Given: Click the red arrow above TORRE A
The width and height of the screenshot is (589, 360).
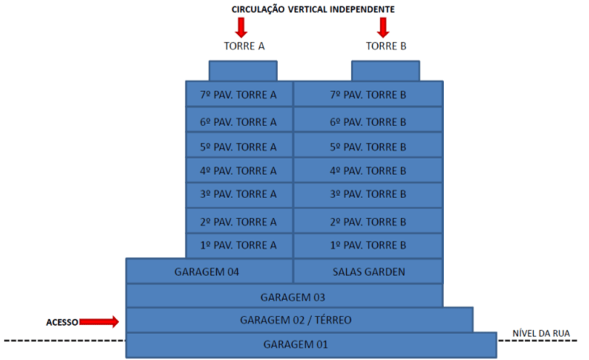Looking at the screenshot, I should point(242,27).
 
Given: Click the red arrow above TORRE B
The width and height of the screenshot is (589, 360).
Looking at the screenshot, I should point(384,27).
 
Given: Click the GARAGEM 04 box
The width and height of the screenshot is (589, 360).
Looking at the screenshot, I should point(209,271).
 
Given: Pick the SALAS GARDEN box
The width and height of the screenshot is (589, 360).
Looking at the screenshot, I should point(368,271).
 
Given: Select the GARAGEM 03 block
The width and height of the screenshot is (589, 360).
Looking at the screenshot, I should point(284,296).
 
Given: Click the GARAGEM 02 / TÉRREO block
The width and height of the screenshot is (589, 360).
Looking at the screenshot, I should point(299,319).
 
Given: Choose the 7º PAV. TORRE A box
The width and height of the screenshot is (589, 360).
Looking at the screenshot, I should point(239,94).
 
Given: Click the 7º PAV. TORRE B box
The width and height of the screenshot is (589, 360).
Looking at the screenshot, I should point(368,94).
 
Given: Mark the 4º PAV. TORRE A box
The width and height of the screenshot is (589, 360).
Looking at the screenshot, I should point(239,171).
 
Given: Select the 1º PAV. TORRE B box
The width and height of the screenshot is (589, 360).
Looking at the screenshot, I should point(368,245).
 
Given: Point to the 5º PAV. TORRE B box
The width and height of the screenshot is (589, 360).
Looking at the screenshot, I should point(368,146).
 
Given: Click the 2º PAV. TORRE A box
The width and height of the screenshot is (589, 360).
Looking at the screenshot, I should point(239,221).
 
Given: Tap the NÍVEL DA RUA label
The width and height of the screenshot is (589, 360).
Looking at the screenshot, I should point(540,333).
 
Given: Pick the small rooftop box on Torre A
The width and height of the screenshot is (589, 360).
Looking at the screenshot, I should point(242,70).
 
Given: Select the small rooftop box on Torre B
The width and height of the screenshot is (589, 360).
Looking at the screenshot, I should point(385,70).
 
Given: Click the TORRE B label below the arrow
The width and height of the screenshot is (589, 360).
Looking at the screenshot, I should point(386,46).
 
